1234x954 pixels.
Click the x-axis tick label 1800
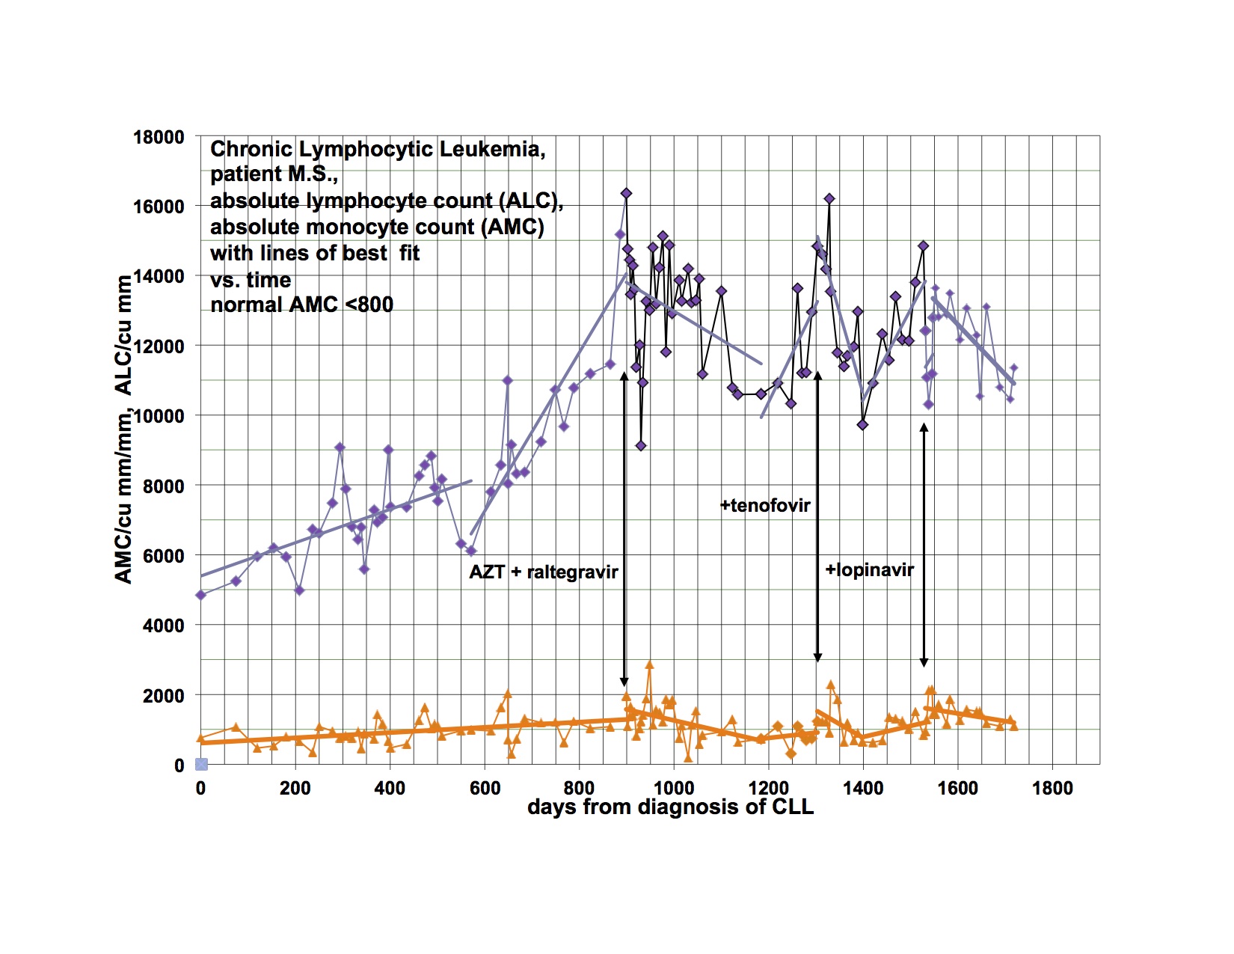pyautogui.click(x=1052, y=788)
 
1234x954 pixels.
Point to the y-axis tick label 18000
pyautogui.click(x=159, y=138)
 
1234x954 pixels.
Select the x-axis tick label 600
pyautogui.click(x=484, y=788)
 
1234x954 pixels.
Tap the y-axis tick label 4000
pyautogui.click(x=163, y=626)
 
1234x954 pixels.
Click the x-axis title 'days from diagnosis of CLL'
pyautogui.click(x=670, y=807)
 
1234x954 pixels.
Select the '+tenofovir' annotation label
pyautogui.click(x=765, y=506)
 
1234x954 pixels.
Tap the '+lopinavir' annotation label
pyautogui.click(x=869, y=570)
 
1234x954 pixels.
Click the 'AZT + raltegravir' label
pyautogui.click(x=544, y=572)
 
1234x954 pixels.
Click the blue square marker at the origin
pyautogui.click(x=201, y=764)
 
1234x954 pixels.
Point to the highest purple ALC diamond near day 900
pyautogui.click(x=626, y=194)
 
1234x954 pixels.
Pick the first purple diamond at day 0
pyautogui.click(x=200, y=595)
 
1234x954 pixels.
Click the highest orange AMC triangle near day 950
pyautogui.click(x=649, y=664)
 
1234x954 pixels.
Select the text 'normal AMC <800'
pyautogui.click(x=301, y=305)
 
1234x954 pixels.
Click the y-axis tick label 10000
pyautogui.click(x=159, y=416)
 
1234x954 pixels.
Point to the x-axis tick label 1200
pyautogui.click(x=768, y=788)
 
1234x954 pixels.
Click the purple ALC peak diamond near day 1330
pyautogui.click(x=829, y=199)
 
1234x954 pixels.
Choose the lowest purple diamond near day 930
pyautogui.click(x=640, y=446)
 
